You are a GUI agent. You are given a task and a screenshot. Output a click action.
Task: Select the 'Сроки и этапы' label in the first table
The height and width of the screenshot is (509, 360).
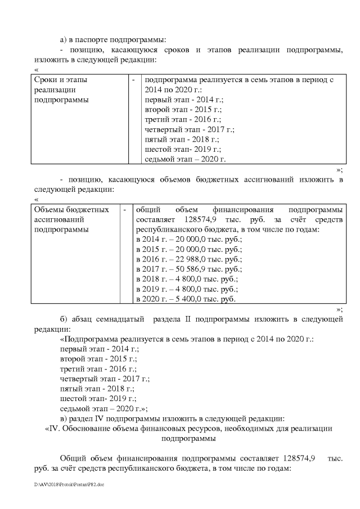(61, 80)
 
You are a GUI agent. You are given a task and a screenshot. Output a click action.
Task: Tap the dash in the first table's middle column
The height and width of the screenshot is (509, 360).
(133, 80)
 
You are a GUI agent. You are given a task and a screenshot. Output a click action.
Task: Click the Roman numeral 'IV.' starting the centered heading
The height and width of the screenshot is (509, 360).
(52, 429)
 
